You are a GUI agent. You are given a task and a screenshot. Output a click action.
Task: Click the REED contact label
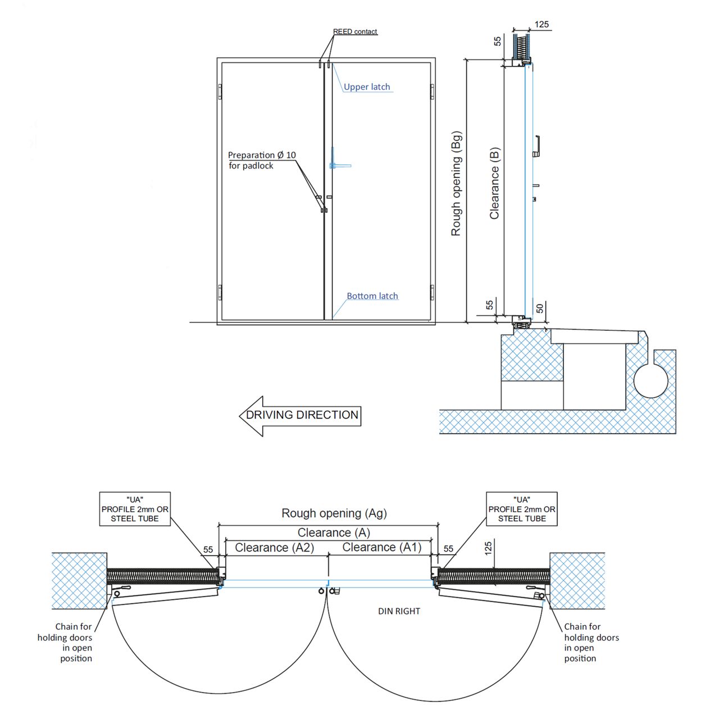pos(355,31)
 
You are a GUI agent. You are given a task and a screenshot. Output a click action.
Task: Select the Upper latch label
pos(367,87)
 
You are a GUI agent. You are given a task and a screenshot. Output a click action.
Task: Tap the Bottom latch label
pos(372,296)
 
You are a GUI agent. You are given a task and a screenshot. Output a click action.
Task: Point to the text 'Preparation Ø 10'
pos(262,155)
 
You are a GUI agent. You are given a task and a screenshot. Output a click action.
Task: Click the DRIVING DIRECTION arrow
pos(301,416)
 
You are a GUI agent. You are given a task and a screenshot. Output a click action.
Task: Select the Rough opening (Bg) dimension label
pos(456,184)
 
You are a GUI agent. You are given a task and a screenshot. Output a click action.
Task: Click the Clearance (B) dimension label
pos(494,184)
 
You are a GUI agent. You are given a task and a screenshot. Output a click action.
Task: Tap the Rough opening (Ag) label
pos(334,513)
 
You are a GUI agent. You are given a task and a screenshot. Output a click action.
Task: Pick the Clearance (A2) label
pos(274,548)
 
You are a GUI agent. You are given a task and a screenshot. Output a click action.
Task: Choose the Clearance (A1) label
pos(381,548)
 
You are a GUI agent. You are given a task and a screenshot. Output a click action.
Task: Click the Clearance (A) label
pos(334,533)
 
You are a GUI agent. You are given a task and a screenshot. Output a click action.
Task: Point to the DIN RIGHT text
pos(399,611)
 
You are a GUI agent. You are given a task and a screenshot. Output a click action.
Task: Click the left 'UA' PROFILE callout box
pos(135,509)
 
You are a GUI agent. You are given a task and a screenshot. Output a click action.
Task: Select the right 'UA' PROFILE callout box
pos(522,509)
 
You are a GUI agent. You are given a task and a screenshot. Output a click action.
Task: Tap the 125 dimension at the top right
pos(541,24)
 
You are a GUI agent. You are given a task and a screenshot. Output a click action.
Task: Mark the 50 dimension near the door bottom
pos(540,308)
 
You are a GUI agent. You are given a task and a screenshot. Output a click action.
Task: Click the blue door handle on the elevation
pos(338,165)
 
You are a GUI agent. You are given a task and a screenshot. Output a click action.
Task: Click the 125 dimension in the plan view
pos(488,548)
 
